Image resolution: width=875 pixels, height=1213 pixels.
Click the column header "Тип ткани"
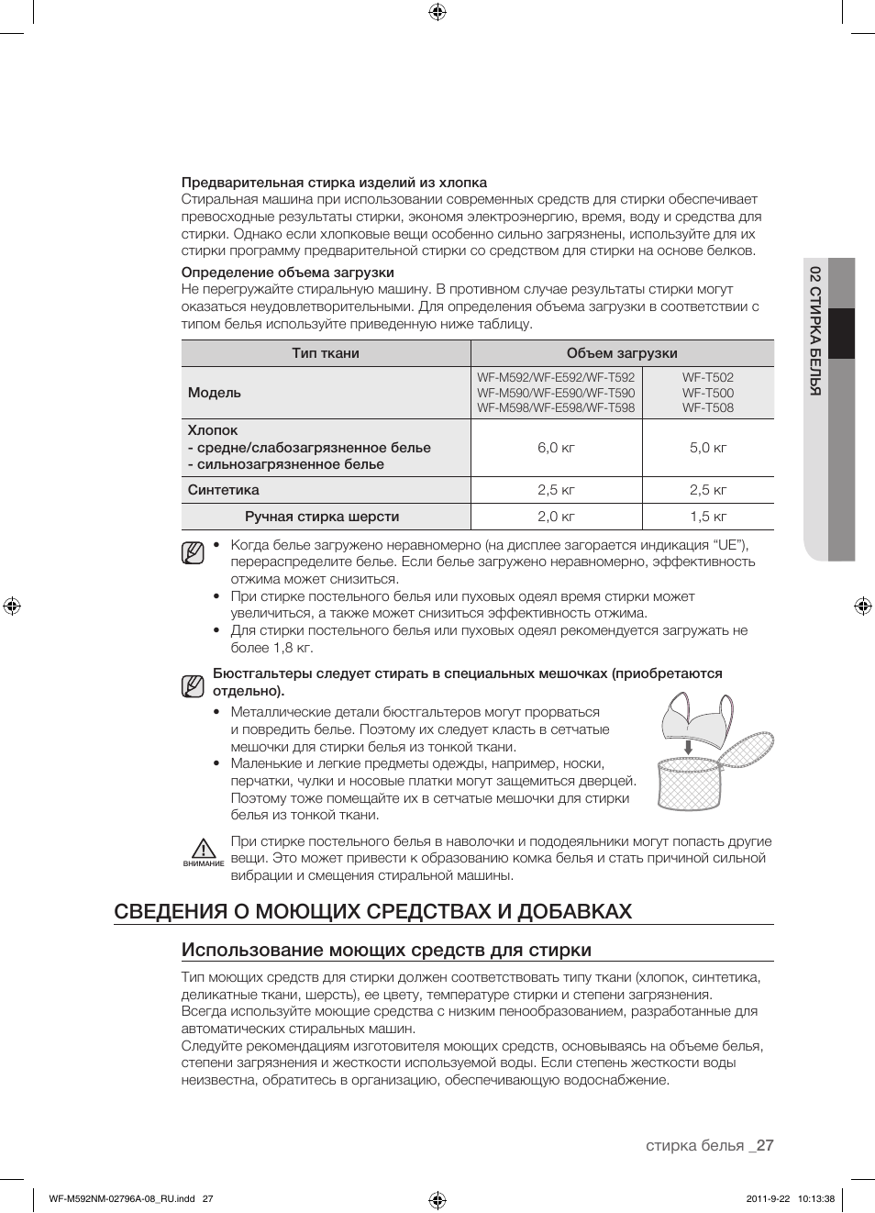(326, 353)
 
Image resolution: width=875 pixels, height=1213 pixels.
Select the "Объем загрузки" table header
(622, 353)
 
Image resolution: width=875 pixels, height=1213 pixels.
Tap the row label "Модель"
(215, 393)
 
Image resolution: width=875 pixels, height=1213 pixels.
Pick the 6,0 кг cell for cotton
(556, 448)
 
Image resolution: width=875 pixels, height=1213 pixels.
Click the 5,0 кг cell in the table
(708, 448)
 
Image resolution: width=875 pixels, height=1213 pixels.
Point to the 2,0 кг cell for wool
(556, 517)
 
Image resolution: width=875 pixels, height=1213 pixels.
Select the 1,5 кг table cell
(708, 517)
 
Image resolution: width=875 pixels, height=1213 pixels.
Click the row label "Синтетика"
(224, 490)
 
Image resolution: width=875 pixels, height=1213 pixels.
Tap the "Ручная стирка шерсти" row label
(322, 517)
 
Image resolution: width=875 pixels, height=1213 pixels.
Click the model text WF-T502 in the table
(708, 377)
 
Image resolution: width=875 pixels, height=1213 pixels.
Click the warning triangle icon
(204, 849)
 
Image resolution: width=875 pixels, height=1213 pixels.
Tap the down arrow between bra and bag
(688, 748)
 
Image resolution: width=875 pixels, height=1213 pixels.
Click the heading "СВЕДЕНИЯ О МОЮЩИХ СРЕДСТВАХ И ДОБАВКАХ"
(373, 911)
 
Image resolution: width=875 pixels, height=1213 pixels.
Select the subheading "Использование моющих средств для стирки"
(386, 951)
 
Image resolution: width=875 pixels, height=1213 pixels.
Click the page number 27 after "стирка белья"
(765, 1145)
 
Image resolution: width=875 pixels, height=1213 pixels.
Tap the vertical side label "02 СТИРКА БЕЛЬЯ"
(814, 330)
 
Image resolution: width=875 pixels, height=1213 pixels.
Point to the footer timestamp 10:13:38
(816, 1198)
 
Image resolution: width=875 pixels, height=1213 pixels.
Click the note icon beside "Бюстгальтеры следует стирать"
(193, 686)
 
